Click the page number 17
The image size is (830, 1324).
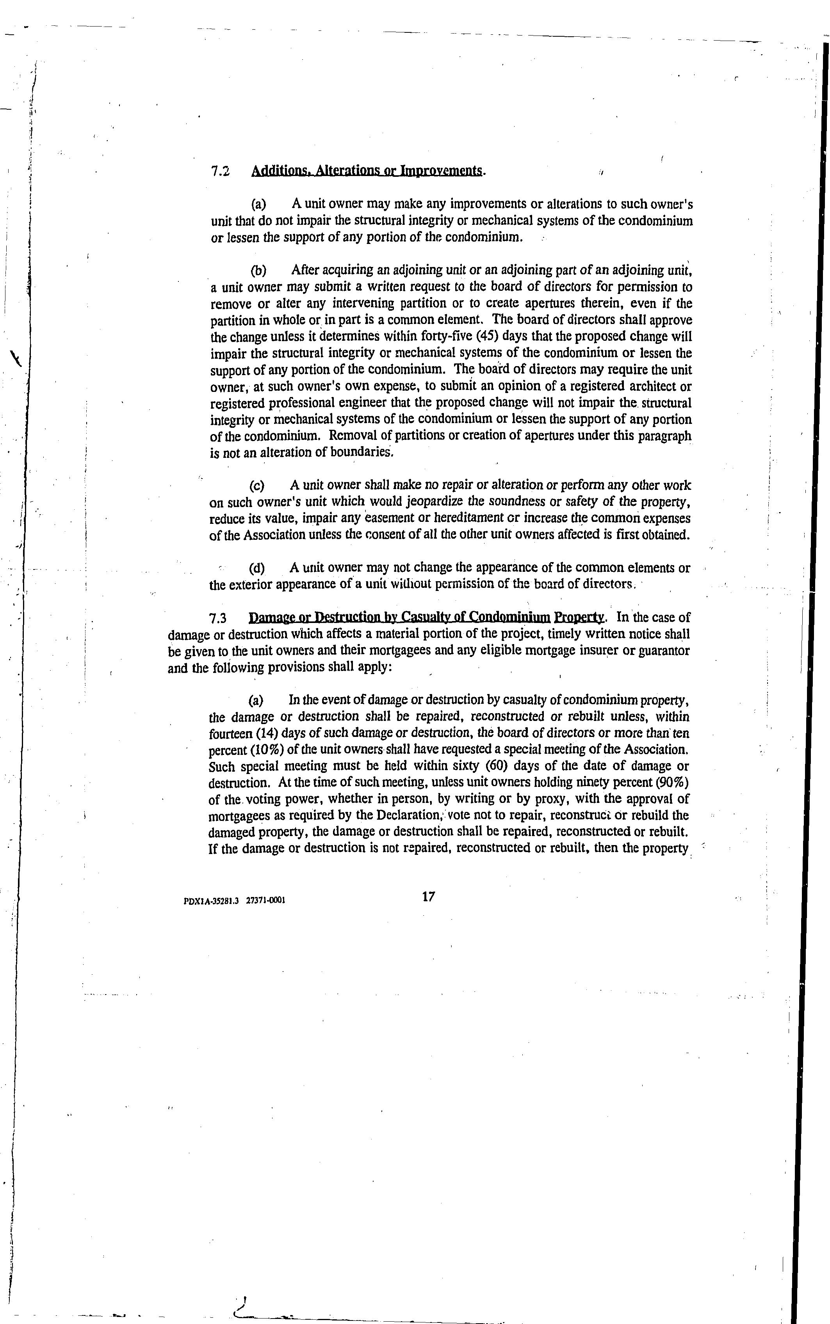tap(429, 897)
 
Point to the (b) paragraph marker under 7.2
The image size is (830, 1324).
tap(258, 270)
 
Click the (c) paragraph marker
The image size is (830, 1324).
tap(257, 486)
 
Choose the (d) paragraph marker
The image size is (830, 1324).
tap(257, 568)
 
